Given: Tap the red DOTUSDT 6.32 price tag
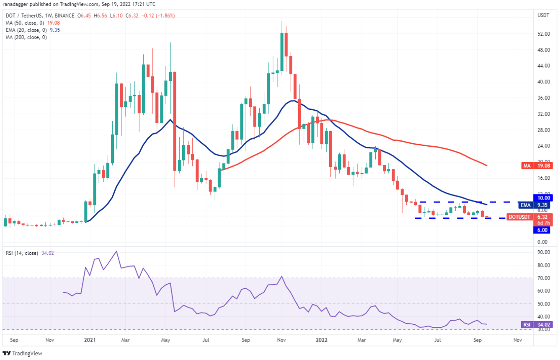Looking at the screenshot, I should tap(531, 217).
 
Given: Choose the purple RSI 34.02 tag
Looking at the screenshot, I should tap(536, 324).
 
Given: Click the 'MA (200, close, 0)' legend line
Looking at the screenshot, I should tap(26, 37).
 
